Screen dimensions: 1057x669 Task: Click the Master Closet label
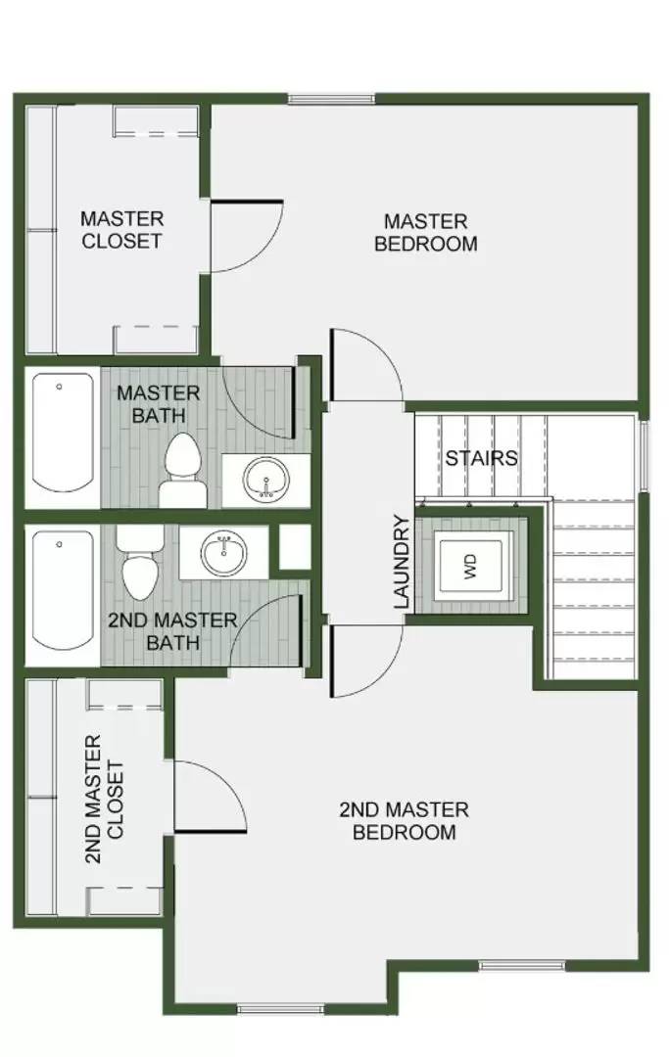point(121,229)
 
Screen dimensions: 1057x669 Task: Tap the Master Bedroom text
point(425,233)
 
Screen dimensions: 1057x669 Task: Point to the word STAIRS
point(481,458)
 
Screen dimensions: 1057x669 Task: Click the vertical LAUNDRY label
point(401,562)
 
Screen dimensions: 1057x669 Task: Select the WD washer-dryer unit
point(469,566)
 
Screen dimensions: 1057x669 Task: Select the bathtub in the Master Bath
point(61,437)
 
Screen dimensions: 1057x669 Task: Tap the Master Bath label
point(158,404)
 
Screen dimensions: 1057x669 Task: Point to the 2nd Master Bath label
point(171,631)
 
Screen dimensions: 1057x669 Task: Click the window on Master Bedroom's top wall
point(331,98)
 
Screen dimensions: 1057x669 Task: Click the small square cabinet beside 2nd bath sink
point(294,548)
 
